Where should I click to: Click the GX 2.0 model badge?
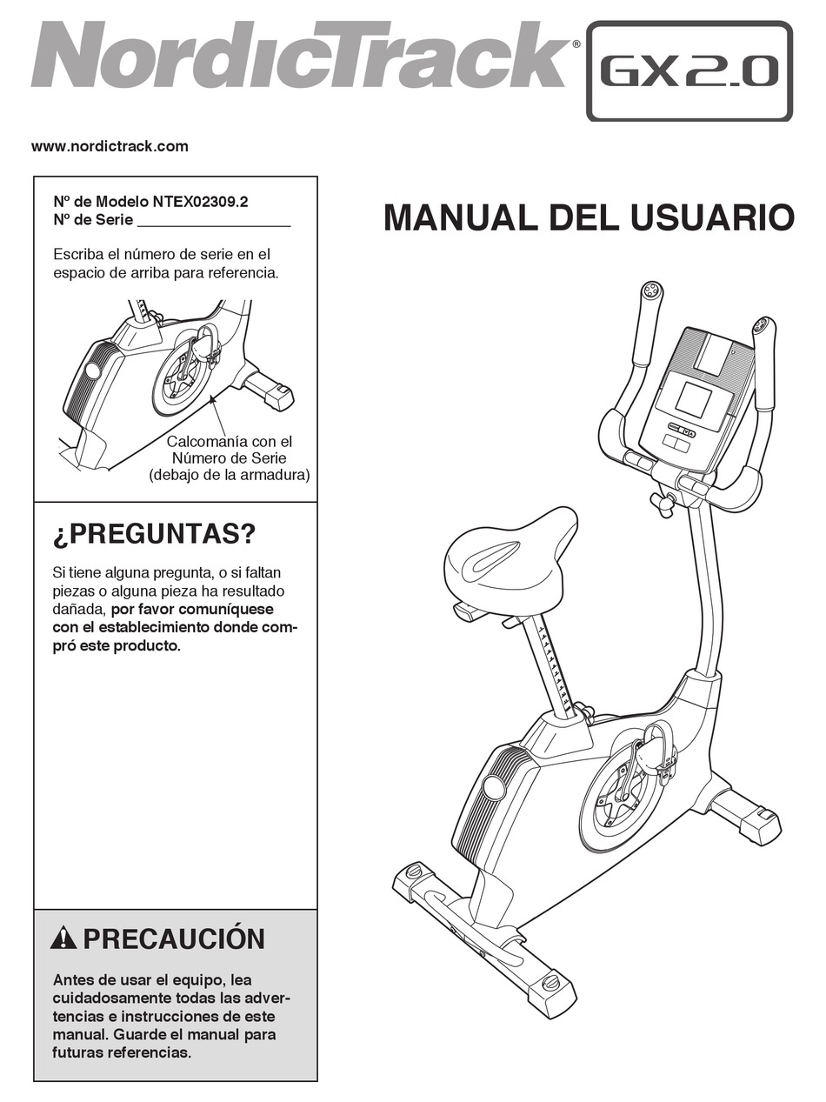689,70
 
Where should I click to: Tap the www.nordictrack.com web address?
110,147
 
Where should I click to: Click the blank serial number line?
214,226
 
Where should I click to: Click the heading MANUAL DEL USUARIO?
590,218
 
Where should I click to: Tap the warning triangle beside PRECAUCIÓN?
63,939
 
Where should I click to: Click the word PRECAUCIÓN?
174,938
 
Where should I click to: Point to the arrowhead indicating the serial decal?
212,398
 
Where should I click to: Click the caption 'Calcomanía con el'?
230,442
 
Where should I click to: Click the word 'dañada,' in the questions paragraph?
79,610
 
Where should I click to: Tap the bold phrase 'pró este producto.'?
117,645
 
